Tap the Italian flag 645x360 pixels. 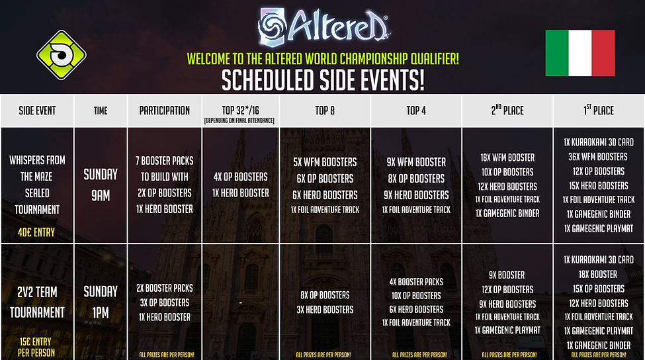pyautogui.click(x=580, y=53)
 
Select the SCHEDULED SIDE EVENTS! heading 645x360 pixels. pyautogui.click(x=322, y=79)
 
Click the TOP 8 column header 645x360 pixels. pyautogui.click(x=324, y=111)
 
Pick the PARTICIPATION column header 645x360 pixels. pyautogui.click(x=165, y=111)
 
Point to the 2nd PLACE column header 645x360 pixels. pyautogui.click(x=507, y=111)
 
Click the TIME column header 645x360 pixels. pyautogui.click(x=101, y=111)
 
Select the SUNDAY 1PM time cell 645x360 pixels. pyautogui.click(x=101, y=302)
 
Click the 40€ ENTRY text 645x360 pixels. pyautogui.click(x=37, y=232)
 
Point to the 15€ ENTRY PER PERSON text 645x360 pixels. pyautogui.click(x=37, y=346)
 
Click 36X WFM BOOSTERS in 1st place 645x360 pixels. pyautogui.click(x=599, y=157)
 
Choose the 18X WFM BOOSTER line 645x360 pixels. pyautogui.click(x=507, y=157)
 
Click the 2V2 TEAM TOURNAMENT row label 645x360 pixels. pyautogui.click(x=37, y=302)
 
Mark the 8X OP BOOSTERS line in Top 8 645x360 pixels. pyautogui.click(x=324, y=295)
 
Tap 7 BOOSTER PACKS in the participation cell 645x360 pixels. pyautogui.click(x=165, y=161)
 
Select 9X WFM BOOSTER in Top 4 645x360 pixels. pyautogui.click(x=415, y=161)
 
